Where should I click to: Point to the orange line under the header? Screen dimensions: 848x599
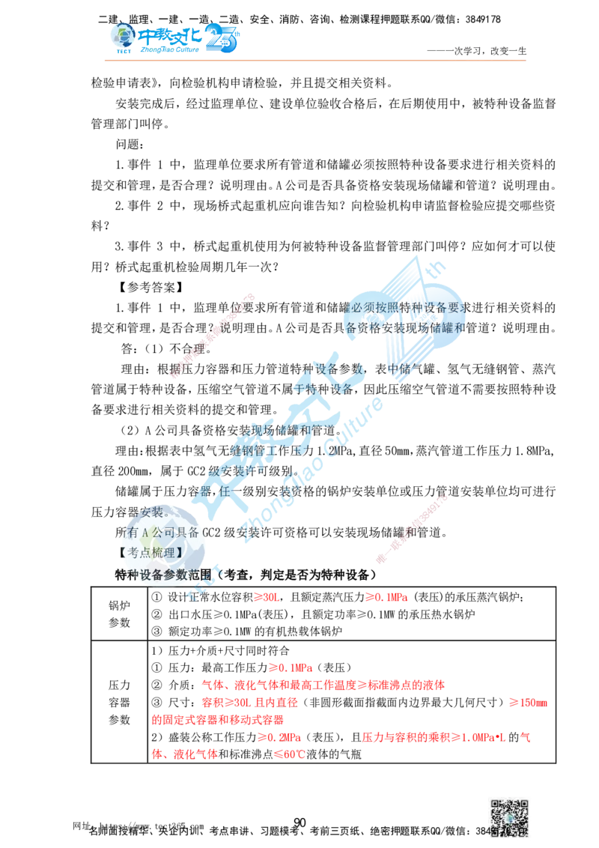[x=314, y=57]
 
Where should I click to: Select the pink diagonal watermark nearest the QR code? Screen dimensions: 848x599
[x=412, y=528]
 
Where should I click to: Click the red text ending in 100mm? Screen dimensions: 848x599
[x=529, y=703]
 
